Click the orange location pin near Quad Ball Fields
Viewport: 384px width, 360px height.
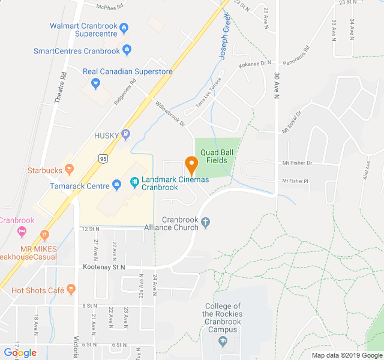pos(191,164)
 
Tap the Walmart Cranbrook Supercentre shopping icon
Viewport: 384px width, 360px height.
pos(124,26)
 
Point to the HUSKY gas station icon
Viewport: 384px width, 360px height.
pos(125,134)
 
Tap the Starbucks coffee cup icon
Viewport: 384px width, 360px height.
pos(70,170)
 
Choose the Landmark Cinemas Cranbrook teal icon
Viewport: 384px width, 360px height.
pos(135,181)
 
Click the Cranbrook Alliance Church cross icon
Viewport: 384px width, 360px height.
pos(206,223)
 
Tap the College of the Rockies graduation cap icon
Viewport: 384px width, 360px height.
pos(223,342)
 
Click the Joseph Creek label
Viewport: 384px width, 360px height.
pos(223,42)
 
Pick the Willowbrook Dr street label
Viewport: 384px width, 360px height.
pos(170,112)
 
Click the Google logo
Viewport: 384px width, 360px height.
pos(20,352)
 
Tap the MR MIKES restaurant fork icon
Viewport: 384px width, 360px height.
pos(44,234)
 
